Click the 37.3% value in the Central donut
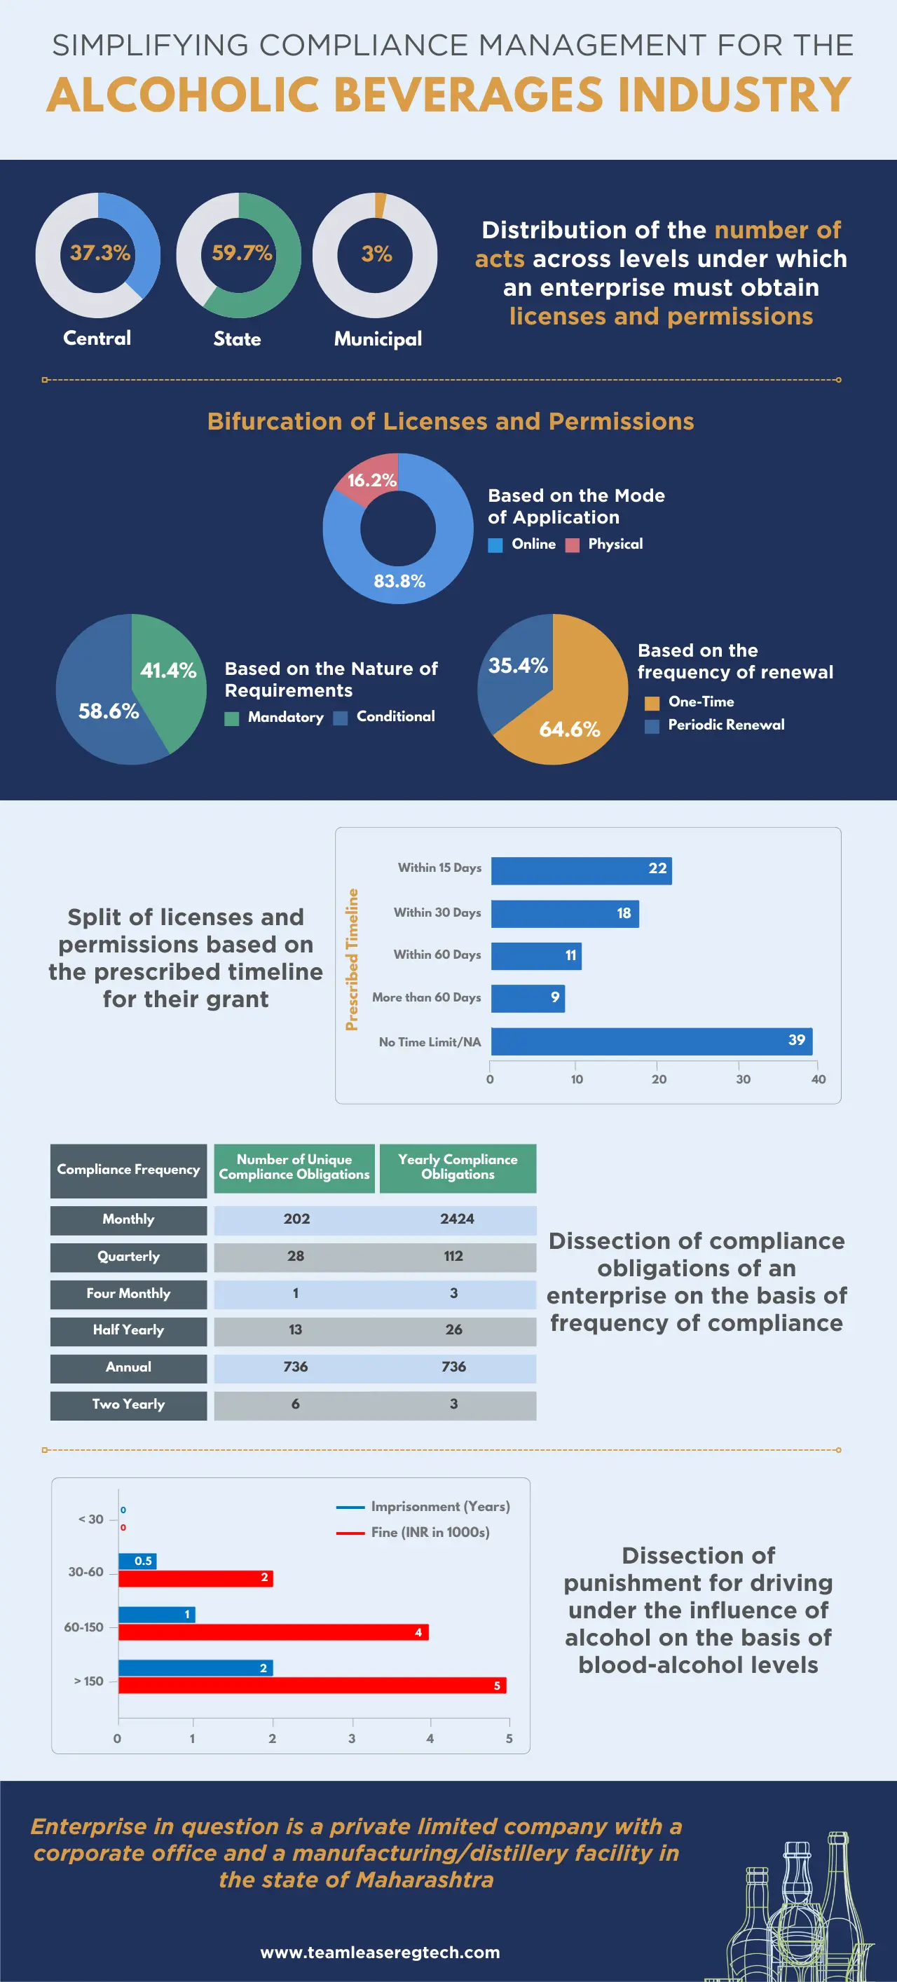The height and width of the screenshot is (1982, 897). [100, 252]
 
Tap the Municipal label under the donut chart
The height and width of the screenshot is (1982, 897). [378, 339]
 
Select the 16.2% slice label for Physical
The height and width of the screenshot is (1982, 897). [371, 480]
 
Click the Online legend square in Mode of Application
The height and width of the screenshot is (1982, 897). [495, 545]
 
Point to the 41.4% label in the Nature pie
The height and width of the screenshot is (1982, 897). [167, 670]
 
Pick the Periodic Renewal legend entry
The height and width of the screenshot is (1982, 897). [725, 725]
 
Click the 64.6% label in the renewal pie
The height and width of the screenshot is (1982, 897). [569, 730]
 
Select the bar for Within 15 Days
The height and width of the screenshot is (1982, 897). [581, 870]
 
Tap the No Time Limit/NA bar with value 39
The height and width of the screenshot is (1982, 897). [651, 1041]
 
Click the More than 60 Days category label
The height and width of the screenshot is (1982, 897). [426, 997]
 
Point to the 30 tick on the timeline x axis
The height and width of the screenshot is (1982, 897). [742, 1079]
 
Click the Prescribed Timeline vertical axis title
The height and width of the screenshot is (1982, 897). [352, 959]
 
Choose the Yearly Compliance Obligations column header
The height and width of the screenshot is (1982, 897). [458, 1167]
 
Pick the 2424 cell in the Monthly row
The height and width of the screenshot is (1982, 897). [457, 1219]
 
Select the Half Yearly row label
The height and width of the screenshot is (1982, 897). [128, 1330]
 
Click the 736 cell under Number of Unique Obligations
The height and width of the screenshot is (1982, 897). [296, 1367]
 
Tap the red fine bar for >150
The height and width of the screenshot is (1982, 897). [312, 1685]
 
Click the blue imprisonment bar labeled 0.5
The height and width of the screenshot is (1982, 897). [137, 1561]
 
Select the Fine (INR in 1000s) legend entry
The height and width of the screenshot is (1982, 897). [430, 1532]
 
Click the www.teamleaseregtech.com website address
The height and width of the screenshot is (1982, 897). [380, 1952]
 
